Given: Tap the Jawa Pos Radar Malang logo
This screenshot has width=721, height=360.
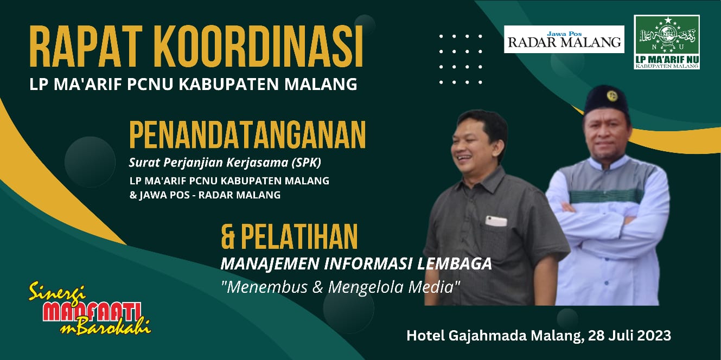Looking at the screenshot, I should [x=564, y=39].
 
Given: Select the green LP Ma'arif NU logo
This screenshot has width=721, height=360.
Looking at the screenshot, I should [x=666, y=42].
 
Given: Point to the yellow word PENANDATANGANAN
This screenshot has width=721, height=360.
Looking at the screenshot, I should [x=247, y=135].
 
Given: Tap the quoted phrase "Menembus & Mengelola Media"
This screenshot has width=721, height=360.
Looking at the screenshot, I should [x=340, y=286].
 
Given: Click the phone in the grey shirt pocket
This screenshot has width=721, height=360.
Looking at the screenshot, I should [x=496, y=221].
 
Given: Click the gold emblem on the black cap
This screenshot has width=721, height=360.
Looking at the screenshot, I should [x=612, y=97].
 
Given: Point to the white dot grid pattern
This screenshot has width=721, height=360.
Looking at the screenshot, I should [x=460, y=59].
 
